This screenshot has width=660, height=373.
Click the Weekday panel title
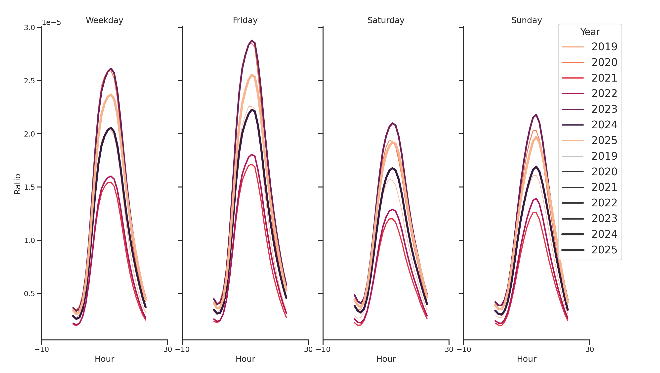(x=104, y=20)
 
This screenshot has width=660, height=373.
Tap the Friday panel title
(x=245, y=20)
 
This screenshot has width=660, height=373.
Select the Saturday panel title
(x=386, y=20)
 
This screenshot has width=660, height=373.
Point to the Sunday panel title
(x=526, y=20)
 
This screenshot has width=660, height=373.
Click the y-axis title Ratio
(x=17, y=184)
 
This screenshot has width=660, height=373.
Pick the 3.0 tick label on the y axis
(x=30, y=28)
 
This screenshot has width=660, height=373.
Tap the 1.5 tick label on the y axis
(x=30, y=187)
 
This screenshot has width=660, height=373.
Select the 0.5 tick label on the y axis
(x=30, y=293)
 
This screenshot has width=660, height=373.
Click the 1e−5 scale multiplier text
(x=51, y=23)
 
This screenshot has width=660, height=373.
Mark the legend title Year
(x=590, y=32)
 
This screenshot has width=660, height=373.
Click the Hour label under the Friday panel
(x=245, y=359)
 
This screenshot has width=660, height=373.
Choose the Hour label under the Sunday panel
(x=527, y=359)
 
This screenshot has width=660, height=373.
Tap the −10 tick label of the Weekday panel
(x=41, y=349)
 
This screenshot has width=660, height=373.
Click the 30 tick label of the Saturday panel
(x=449, y=349)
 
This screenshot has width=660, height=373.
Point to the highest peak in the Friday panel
(x=251, y=41)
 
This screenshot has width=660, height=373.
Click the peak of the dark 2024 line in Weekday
(x=111, y=128)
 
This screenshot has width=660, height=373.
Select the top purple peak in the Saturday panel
(x=392, y=123)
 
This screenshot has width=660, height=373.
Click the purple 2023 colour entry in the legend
(x=573, y=109)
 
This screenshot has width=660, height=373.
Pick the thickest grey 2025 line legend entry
(x=573, y=250)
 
